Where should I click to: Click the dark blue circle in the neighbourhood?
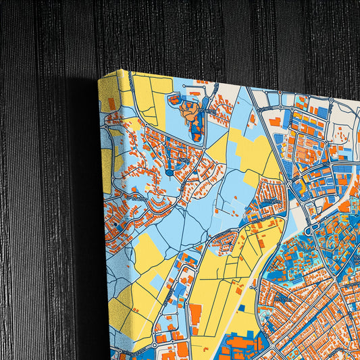168,173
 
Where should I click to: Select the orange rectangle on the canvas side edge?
110,103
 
